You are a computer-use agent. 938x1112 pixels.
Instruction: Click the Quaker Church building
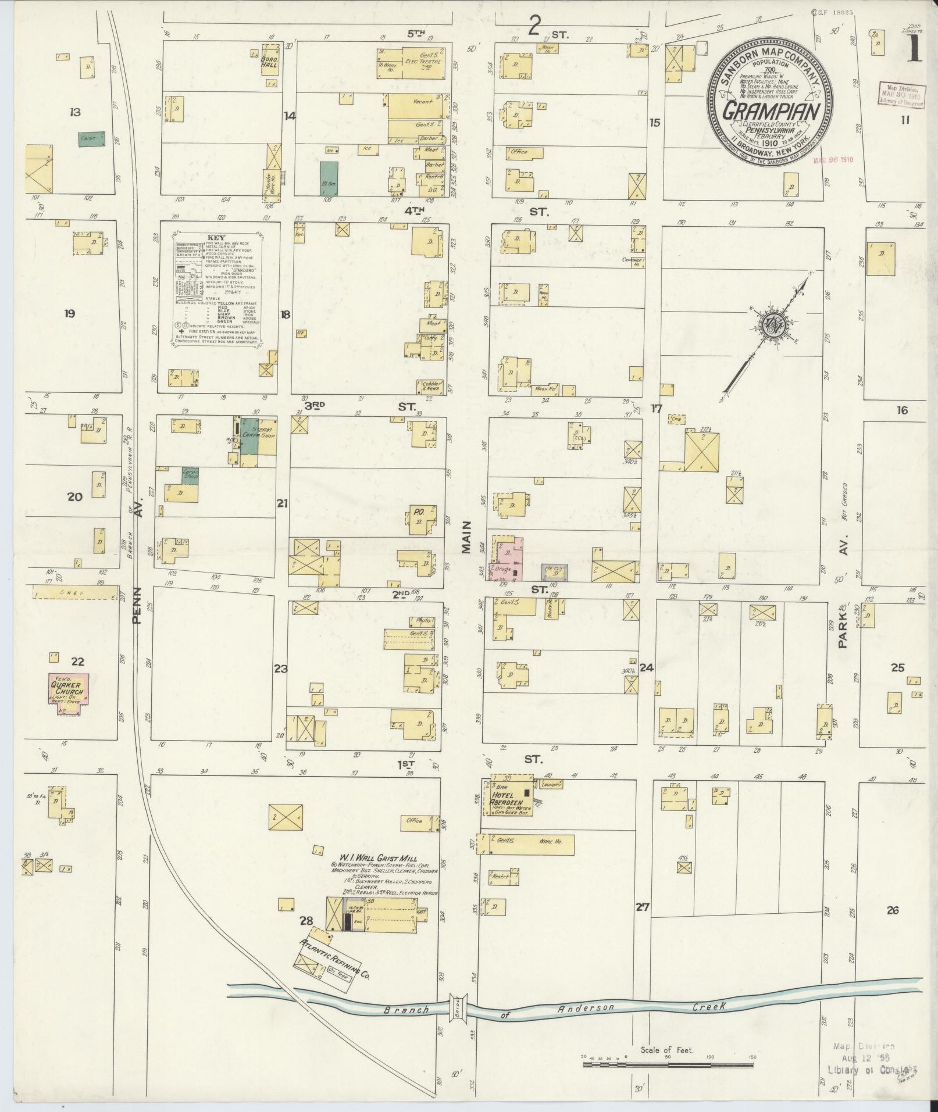click(69, 689)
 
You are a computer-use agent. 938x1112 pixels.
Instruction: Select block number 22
click(77, 661)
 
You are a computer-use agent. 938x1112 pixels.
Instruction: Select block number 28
click(306, 888)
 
